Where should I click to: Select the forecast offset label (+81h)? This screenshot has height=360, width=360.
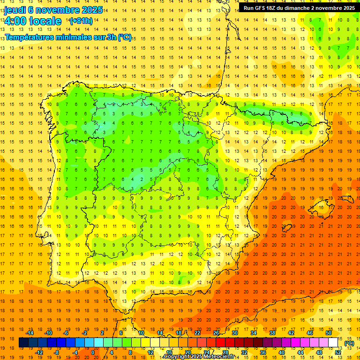click(x=81, y=21)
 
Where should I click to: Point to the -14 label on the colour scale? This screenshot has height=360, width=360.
click(x=30, y=333)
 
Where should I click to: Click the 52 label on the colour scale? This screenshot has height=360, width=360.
click(x=338, y=352)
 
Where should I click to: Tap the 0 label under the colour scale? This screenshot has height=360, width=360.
click(x=93, y=352)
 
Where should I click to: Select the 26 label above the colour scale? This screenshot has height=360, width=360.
click(x=216, y=333)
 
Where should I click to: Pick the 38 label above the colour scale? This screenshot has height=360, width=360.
click(x=272, y=333)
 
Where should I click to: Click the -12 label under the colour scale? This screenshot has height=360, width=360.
click(x=39, y=352)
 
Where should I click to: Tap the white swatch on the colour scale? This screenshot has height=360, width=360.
click(x=333, y=343)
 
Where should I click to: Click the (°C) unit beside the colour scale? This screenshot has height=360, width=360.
click(x=349, y=343)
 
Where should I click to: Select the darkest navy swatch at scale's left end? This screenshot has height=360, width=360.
click(x=23, y=343)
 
